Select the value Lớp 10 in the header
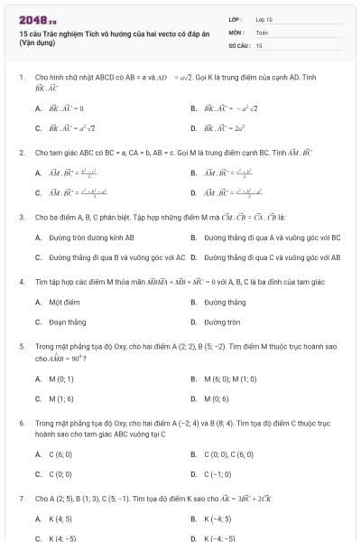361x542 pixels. click(264, 18)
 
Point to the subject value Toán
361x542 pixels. click(262, 32)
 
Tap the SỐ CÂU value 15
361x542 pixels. click(259, 44)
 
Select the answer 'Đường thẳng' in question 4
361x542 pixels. click(225, 302)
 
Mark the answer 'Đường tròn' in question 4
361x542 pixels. click(223, 322)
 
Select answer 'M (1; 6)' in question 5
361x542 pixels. click(61, 398)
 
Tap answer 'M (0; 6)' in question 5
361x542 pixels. click(218, 398)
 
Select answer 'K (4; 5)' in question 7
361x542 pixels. click(60, 519)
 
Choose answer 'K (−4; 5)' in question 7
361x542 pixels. click(219, 519)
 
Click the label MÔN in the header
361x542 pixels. click(235, 32)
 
